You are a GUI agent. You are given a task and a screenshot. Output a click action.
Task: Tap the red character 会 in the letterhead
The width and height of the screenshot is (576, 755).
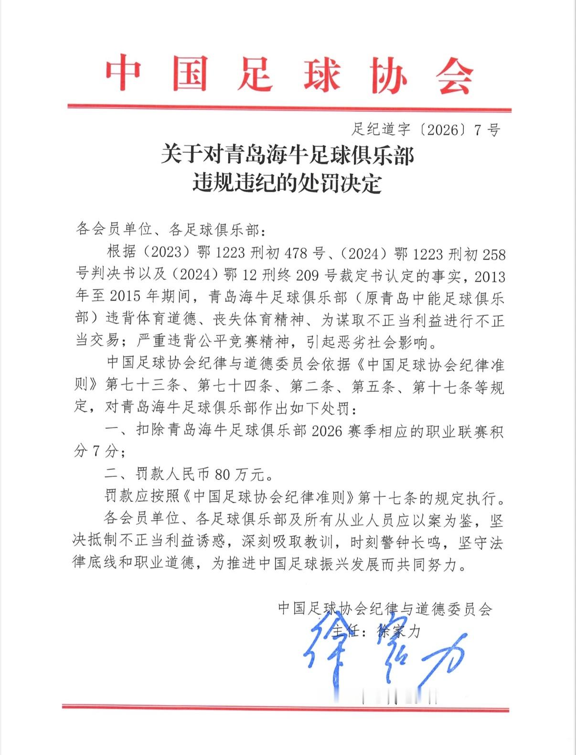[x=454, y=76]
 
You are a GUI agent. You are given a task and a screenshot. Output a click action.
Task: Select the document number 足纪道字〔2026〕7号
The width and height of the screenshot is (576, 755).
[x=426, y=129]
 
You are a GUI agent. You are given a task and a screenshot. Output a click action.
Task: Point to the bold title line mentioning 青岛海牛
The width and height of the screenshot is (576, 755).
[x=287, y=155]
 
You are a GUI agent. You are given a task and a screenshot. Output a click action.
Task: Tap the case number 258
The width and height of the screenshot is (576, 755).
[x=493, y=254]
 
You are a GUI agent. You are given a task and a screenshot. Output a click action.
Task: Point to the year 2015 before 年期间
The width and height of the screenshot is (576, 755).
[x=125, y=297]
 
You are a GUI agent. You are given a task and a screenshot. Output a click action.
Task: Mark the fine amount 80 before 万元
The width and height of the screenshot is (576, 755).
[x=223, y=474]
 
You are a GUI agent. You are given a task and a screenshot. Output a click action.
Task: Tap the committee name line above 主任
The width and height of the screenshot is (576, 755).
[x=385, y=608]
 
